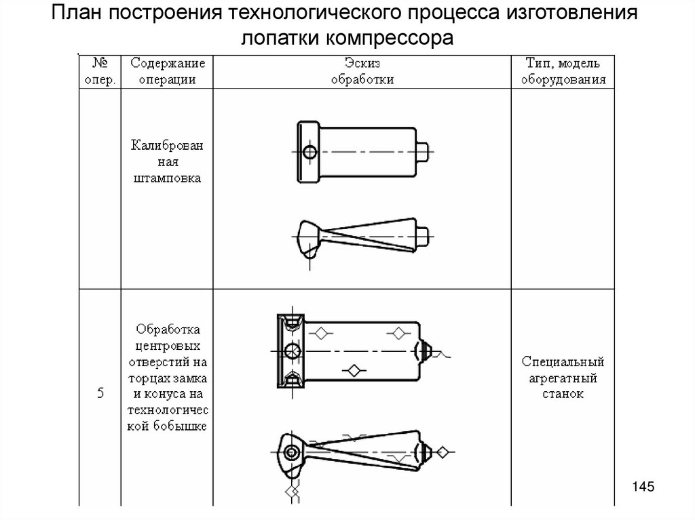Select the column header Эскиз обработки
pyautogui.click(x=362, y=71)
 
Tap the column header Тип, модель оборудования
pyautogui.click(x=563, y=71)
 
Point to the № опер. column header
pyautogui.click(x=100, y=71)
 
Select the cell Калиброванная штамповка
pyautogui.click(x=167, y=162)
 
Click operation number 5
pyautogui.click(x=100, y=393)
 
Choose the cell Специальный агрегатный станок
pyautogui.click(x=563, y=378)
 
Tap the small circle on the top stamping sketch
pyautogui.click(x=309, y=153)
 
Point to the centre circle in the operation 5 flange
pyautogui.click(x=293, y=351)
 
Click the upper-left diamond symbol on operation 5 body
pyautogui.click(x=320, y=333)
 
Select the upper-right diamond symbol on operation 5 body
pyautogui.click(x=398, y=333)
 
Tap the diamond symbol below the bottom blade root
pyautogui.click(x=291, y=490)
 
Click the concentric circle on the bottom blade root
pyautogui.click(x=291, y=452)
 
